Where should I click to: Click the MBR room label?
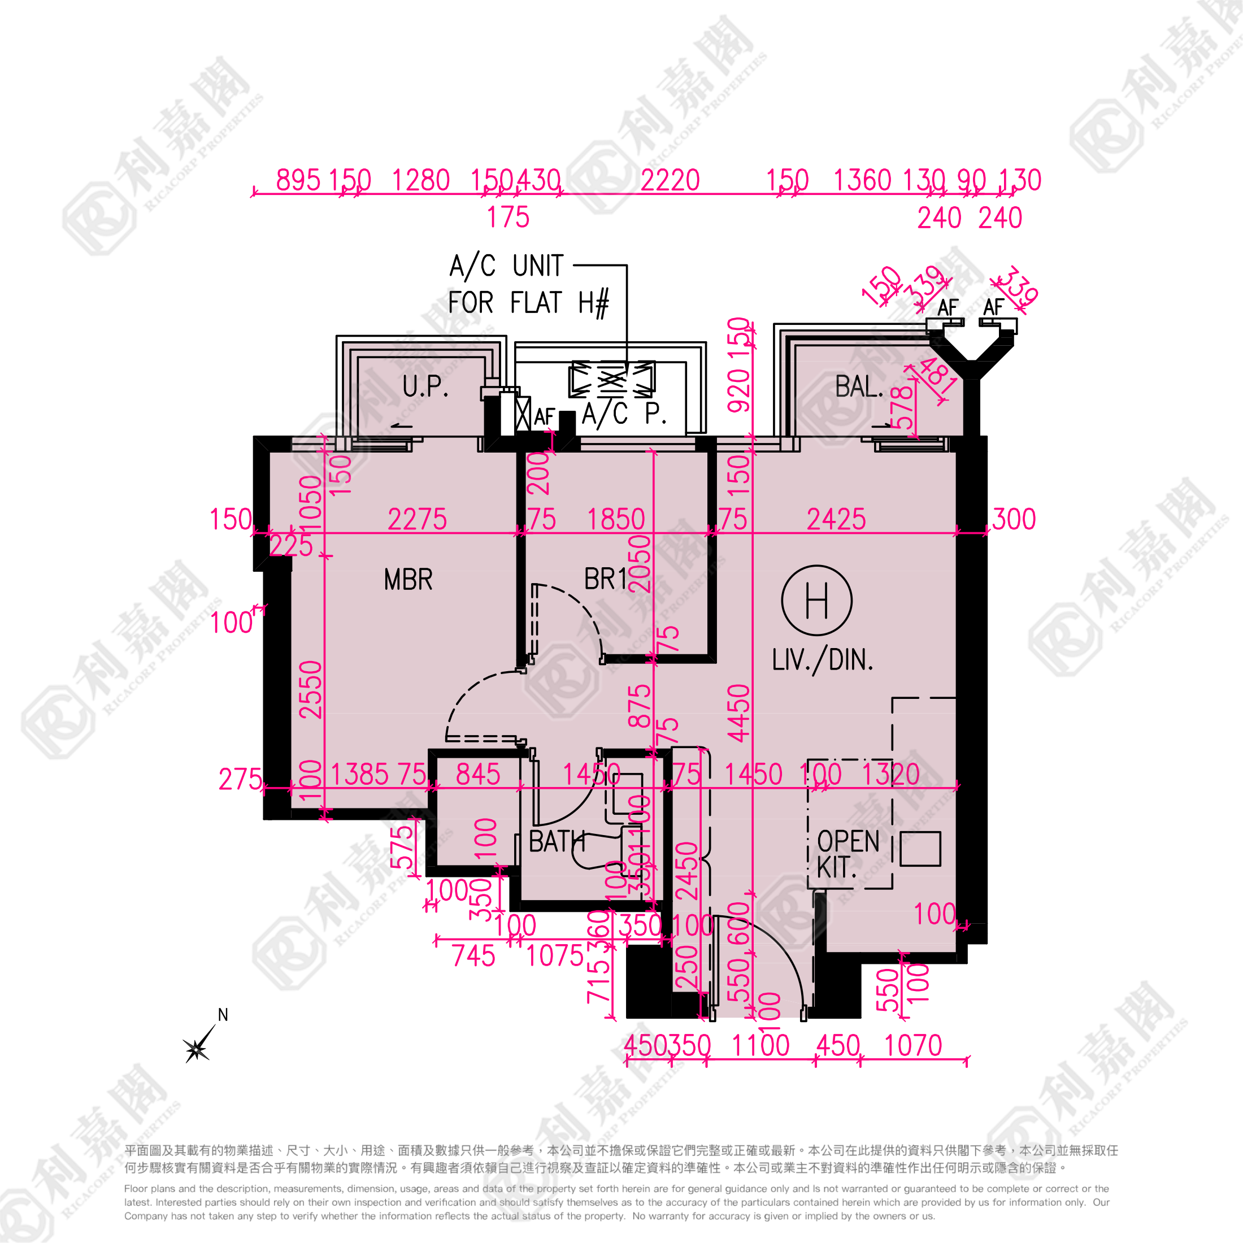(408, 580)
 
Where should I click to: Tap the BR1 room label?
(605, 579)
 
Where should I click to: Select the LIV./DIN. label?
(822, 660)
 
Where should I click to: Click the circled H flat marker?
(816, 601)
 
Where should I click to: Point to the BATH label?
(557, 841)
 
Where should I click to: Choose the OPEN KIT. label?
(847, 854)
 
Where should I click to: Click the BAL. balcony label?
(859, 386)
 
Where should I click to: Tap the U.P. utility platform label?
(425, 386)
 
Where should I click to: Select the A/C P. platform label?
(624, 414)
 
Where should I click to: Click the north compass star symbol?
(196, 1049)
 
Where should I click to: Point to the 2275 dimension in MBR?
(417, 519)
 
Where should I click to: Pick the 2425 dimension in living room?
(836, 519)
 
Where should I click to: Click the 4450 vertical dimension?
(739, 713)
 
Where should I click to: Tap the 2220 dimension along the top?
(670, 180)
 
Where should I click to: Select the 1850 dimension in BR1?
(616, 519)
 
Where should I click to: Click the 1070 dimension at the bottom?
(912, 1045)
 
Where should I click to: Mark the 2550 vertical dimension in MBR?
(311, 690)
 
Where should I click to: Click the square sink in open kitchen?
(920, 849)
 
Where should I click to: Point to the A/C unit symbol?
(612, 379)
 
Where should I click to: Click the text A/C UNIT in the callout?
(506, 266)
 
